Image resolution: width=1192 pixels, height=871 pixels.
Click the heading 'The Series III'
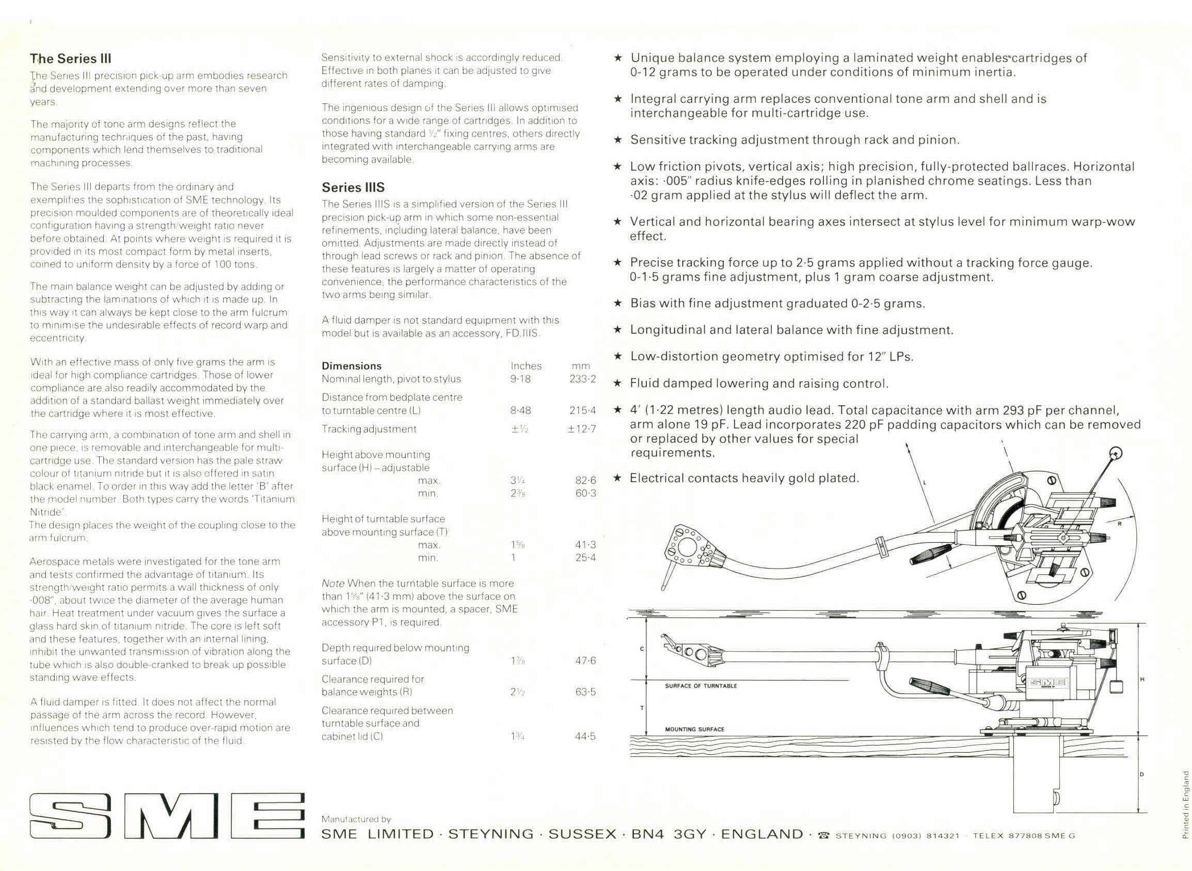(70, 58)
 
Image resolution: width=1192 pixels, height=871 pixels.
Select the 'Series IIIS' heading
(353, 187)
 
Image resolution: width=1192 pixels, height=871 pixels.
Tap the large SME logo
(167, 816)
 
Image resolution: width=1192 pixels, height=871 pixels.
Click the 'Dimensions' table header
(351, 366)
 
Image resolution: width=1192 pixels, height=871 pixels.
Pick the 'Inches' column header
(526, 366)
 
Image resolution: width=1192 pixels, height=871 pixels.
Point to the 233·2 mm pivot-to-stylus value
(582, 379)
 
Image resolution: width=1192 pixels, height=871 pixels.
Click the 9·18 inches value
(520, 379)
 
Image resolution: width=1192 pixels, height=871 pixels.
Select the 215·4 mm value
(582, 410)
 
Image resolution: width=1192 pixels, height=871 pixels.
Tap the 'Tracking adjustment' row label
(369, 429)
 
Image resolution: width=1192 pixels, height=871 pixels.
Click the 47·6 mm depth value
(585, 661)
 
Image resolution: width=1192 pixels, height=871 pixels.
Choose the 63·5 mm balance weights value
(585, 692)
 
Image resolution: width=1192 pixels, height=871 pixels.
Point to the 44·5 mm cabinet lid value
(585, 736)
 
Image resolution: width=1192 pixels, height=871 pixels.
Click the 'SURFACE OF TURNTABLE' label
(701, 686)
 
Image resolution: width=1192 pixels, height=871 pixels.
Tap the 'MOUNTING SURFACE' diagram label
(694, 729)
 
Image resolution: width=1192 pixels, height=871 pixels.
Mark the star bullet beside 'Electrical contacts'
(618, 478)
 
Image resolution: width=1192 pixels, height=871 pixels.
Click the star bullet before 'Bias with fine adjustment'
(618, 303)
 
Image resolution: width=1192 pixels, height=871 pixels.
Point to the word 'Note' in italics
(332, 583)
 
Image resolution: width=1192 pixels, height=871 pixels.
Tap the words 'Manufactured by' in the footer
(356, 819)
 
